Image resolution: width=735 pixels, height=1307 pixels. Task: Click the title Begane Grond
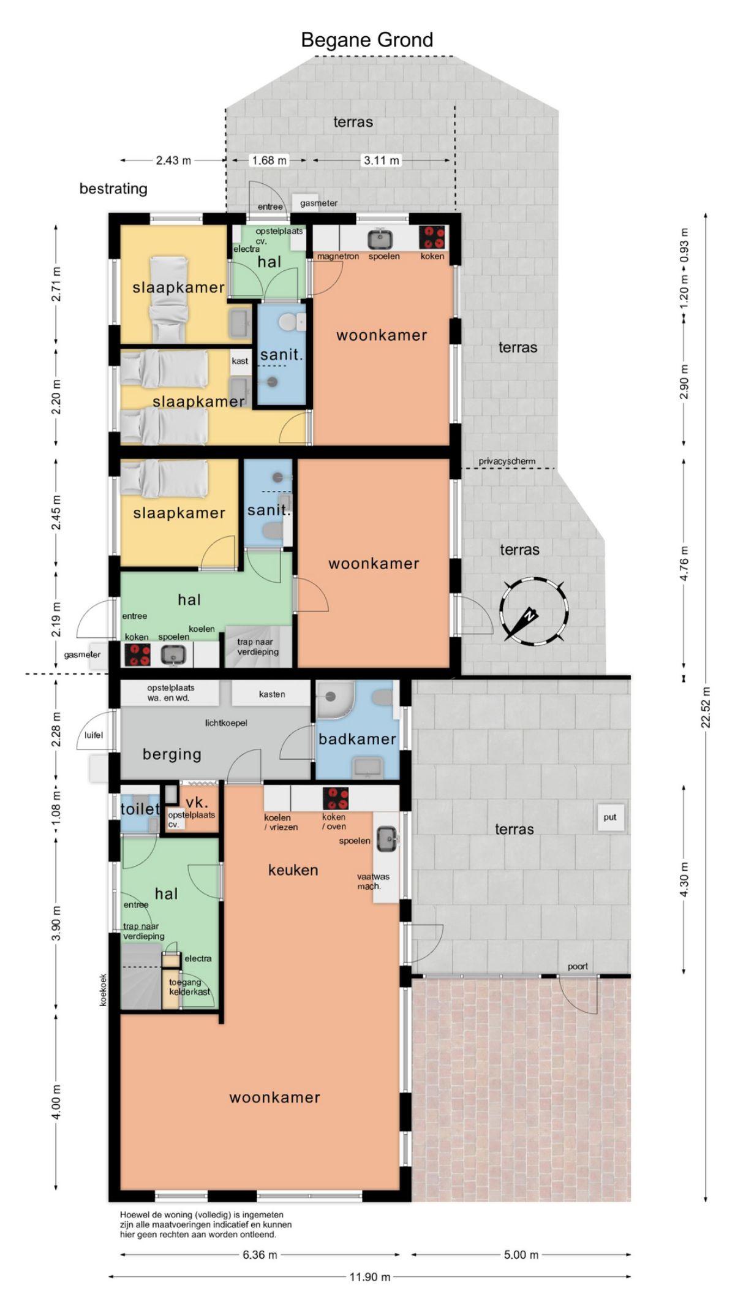pyautogui.click(x=367, y=40)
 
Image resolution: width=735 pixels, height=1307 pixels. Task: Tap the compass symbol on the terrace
pyautogui.click(x=532, y=612)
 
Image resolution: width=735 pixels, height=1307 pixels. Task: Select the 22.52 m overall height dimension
pyautogui.click(x=706, y=707)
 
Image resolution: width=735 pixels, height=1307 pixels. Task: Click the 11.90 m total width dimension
pyautogui.click(x=369, y=1277)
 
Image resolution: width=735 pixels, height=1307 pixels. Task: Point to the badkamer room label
pyautogui.click(x=357, y=739)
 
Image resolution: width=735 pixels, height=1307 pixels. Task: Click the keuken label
pyautogui.click(x=293, y=870)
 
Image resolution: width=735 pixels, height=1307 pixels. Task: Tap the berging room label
pyautogui.click(x=172, y=754)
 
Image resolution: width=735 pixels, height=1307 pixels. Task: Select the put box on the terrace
pyautogui.click(x=610, y=817)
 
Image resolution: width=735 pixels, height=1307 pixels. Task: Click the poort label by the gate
pyautogui.click(x=578, y=966)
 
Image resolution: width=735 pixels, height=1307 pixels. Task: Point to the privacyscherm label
pyautogui.click(x=507, y=461)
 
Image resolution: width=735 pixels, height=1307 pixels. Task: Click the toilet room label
pyautogui.click(x=140, y=809)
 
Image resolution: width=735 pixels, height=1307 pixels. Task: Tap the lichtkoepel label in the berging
pyautogui.click(x=226, y=723)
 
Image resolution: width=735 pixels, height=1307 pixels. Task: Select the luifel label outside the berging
pyautogui.click(x=94, y=735)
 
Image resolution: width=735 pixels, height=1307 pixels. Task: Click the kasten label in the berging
pyautogui.click(x=272, y=694)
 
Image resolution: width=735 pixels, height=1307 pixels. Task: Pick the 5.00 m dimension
pyautogui.click(x=521, y=1254)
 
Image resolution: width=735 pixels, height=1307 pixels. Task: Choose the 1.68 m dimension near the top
pyautogui.click(x=269, y=161)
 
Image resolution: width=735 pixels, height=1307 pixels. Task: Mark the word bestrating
pyautogui.click(x=113, y=189)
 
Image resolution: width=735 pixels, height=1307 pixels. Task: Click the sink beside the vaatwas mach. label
pyautogui.click(x=386, y=838)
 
